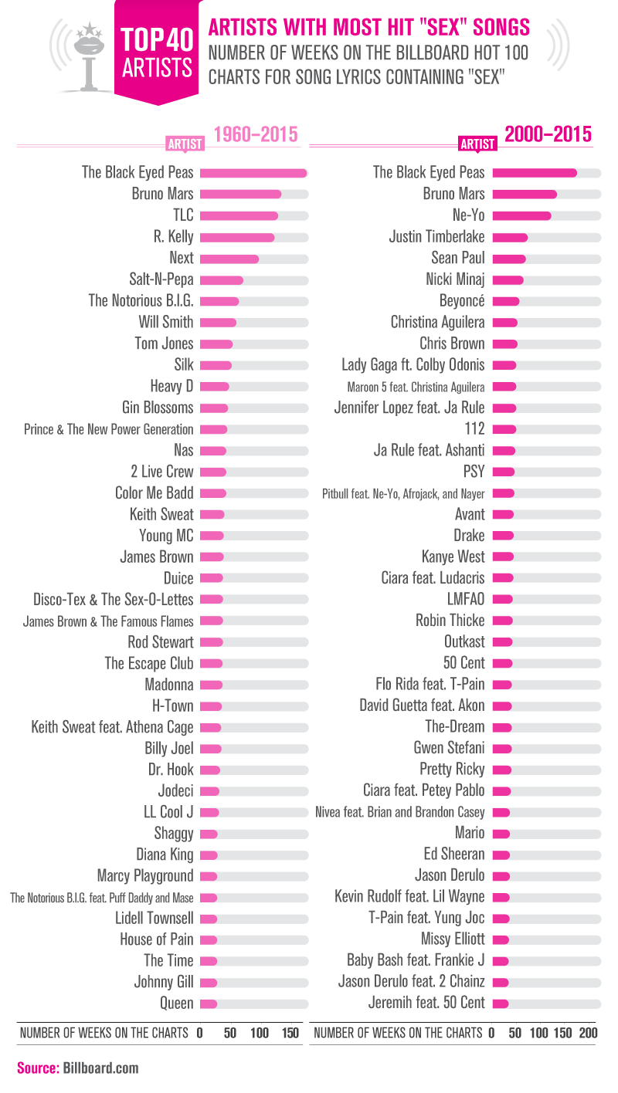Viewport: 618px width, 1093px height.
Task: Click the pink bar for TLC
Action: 239,215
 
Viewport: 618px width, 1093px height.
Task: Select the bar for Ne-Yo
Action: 521,215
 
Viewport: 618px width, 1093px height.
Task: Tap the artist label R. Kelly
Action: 174,237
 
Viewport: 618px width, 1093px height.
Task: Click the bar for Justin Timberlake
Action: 510,237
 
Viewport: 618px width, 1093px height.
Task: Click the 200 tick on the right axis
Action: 588,1033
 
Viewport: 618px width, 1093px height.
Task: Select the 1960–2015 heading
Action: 255,135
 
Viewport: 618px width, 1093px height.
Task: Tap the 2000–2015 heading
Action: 548,135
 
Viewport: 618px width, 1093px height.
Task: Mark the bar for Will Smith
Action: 219,322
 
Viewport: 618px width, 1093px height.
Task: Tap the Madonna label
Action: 169,685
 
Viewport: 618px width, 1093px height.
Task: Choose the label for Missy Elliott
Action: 453,939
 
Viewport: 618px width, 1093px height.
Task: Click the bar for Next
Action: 229,258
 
